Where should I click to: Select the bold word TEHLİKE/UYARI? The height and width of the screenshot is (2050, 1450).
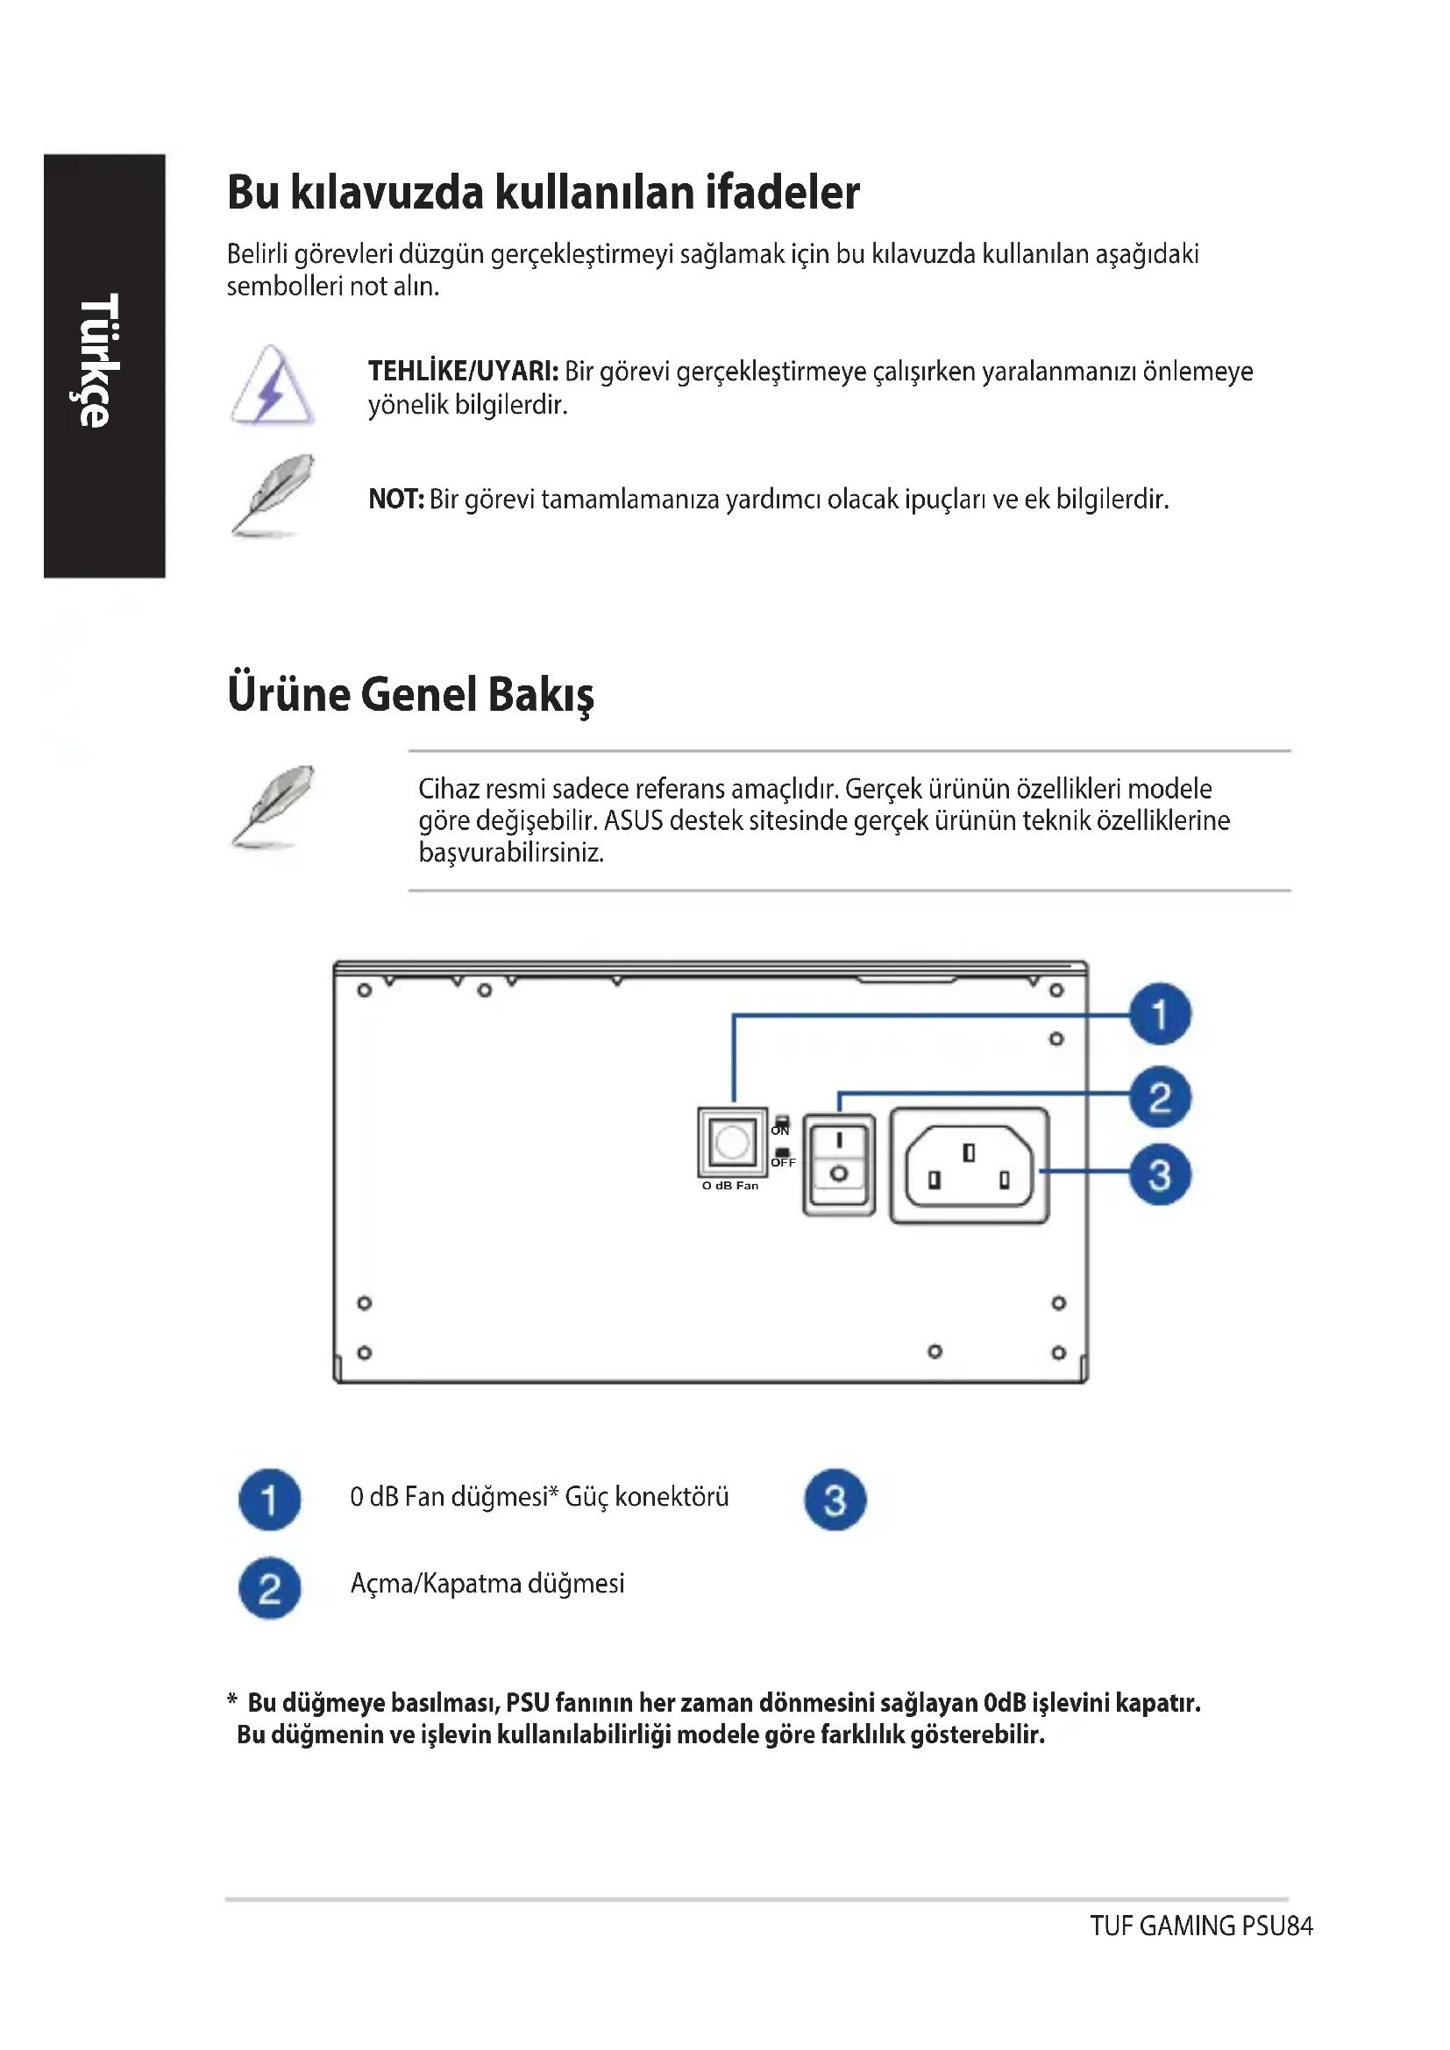[x=463, y=372]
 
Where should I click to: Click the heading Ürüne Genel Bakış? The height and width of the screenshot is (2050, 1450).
[x=409, y=695]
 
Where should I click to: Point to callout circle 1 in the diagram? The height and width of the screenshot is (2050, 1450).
[x=1159, y=1014]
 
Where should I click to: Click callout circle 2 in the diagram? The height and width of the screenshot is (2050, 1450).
[x=1159, y=1097]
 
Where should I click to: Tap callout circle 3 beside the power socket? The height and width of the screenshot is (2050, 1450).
[x=1159, y=1175]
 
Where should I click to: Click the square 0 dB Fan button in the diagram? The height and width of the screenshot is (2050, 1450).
[x=732, y=1142]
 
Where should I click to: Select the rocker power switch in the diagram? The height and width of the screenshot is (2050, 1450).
[x=838, y=1163]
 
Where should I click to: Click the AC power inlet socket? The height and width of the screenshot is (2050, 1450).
[x=969, y=1165]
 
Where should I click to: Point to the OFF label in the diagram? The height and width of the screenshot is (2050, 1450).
[x=783, y=1162]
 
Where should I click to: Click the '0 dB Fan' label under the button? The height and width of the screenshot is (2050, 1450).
[x=729, y=1186]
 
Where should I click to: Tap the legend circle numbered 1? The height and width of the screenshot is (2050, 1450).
[x=270, y=1499]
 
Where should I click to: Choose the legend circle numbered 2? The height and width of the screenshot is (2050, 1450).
[x=270, y=1587]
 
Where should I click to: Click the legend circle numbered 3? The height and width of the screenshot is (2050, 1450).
[x=835, y=1499]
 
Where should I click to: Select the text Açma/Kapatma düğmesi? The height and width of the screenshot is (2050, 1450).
[x=487, y=1584]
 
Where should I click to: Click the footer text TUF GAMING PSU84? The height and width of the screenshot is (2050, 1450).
[x=1200, y=1926]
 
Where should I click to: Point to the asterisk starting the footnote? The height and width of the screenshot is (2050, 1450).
[x=232, y=1701]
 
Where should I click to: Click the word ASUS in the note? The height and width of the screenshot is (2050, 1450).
[x=633, y=820]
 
